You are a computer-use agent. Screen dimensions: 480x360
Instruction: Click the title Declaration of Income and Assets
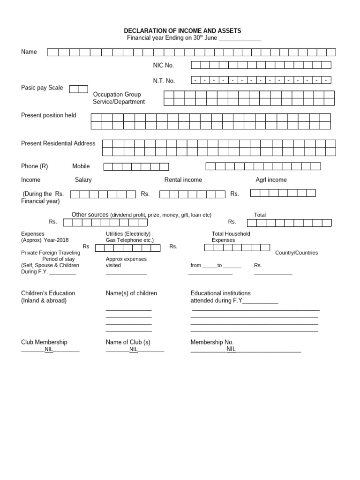pos(182,31)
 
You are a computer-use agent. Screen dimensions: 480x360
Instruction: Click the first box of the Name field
pos(53,52)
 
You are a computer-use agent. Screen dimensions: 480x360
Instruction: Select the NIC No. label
pos(163,66)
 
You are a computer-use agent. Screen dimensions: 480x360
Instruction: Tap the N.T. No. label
pos(164,81)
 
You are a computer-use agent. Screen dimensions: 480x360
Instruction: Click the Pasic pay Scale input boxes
pos(78,89)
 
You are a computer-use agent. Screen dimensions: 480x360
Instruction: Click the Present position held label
pos(48,115)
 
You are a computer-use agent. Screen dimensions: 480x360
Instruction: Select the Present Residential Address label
pos(58,143)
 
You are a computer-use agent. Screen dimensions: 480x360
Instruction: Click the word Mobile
pos(81,166)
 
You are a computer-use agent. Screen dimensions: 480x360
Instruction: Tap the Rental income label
pos(183,180)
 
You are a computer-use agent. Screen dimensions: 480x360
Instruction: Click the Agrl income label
pos(271,180)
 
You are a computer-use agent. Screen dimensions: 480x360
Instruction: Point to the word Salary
pos(83,180)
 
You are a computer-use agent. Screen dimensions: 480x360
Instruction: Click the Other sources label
pos(90,215)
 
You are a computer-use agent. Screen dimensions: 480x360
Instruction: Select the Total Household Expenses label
pos(231,237)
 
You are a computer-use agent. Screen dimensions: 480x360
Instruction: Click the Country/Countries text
pos(296,253)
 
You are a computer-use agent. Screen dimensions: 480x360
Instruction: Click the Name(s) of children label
pos(131,293)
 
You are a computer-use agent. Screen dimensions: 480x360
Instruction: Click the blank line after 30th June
pos(240,38)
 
